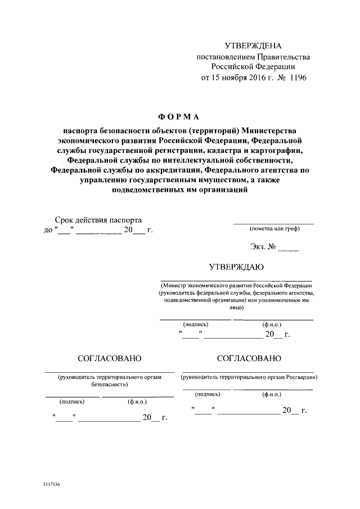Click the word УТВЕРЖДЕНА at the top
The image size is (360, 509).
(x=253, y=46)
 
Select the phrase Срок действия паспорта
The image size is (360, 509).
(x=98, y=220)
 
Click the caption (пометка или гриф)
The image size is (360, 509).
(x=274, y=229)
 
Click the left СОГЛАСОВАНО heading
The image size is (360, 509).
(x=110, y=358)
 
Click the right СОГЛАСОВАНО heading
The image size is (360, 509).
(x=248, y=358)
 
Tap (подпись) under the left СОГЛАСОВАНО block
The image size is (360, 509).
(x=72, y=402)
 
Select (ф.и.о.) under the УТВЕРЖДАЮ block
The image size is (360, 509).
(x=272, y=325)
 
